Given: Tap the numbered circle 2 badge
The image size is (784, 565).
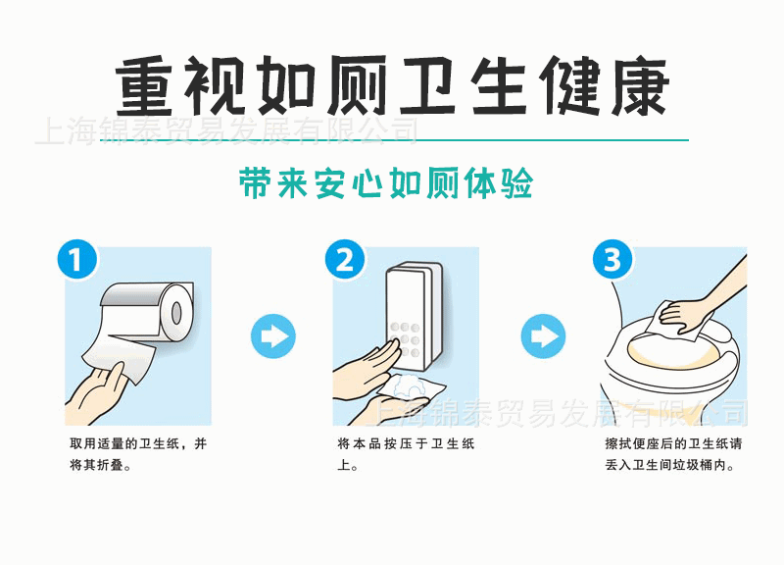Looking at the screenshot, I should [345, 261].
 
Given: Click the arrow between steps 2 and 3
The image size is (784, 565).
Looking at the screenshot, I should [541, 335].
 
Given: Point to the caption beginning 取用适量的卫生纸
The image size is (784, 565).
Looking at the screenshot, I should [137, 454].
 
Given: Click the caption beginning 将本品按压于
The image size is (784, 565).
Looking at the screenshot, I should [406, 454].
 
